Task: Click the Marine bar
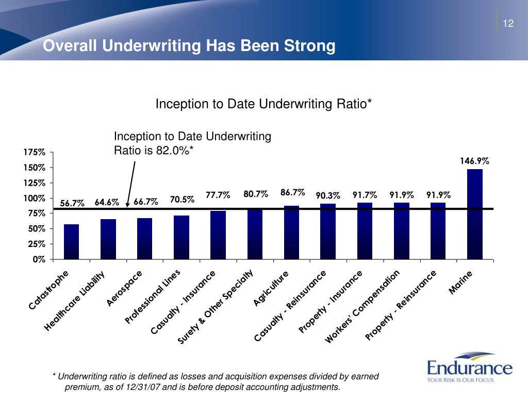[475, 214]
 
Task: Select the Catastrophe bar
[71, 242]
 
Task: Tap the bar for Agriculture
[292, 233]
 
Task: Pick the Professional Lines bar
[181, 237]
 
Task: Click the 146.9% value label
[474, 161]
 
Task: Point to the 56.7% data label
[72, 203]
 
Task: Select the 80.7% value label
[256, 194]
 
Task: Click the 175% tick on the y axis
[35, 152]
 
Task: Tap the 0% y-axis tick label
[39, 259]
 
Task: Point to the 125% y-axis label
[35, 183]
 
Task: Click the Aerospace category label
[124, 288]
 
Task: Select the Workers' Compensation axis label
[362, 306]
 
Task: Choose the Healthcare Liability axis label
[74, 301]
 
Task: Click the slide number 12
[508, 23]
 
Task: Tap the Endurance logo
[470, 368]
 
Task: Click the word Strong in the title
[310, 46]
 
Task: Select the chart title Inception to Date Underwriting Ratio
[263, 104]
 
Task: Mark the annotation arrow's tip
[128, 207]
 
